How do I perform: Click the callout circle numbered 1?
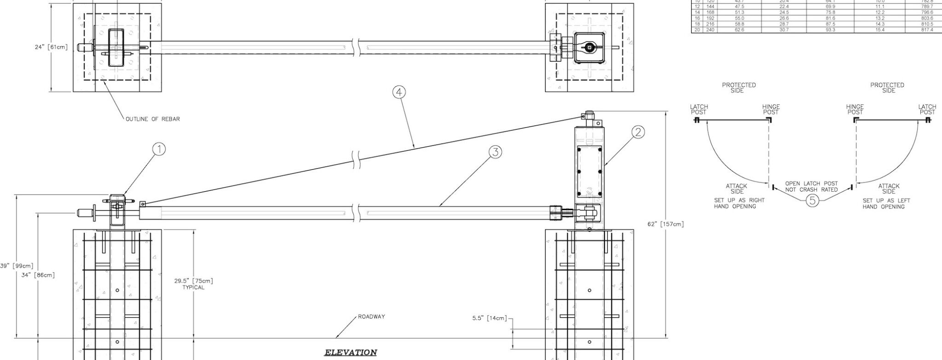coord(159,150)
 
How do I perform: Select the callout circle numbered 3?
coord(494,153)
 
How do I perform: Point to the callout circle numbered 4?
coord(399,92)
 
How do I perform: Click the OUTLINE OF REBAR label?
coord(153,119)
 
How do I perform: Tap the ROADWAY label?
coord(372,317)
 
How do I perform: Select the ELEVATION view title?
coord(350,353)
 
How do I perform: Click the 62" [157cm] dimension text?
coord(666,224)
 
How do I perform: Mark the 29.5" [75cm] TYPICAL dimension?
coord(194,284)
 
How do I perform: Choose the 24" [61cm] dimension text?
coord(51,47)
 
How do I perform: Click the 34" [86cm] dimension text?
coord(38,275)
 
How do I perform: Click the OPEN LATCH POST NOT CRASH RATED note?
coord(811,187)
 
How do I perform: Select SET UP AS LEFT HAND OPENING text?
coord(886,204)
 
